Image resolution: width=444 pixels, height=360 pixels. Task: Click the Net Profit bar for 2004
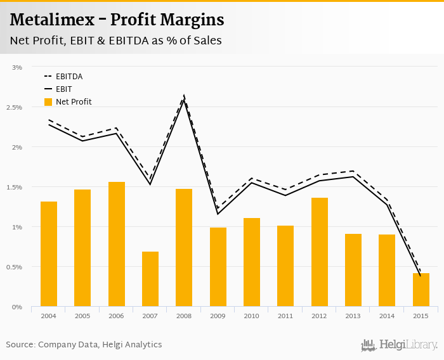(x=49, y=254)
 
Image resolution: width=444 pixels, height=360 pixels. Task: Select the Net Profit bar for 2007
(x=150, y=279)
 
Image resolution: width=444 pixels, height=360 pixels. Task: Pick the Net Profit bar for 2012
(x=320, y=252)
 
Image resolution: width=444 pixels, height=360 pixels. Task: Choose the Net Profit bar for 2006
(x=117, y=244)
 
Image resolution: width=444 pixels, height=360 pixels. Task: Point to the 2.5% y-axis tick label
(x=14, y=107)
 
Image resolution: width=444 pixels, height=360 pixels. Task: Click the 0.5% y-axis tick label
(x=14, y=267)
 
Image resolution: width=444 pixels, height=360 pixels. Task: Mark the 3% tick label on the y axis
(x=17, y=67)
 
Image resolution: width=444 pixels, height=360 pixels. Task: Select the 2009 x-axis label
(x=218, y=316)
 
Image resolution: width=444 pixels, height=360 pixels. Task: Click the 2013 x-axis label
(x=353, y=316)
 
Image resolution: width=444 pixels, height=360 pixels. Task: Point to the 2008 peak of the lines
(x=184, y=97)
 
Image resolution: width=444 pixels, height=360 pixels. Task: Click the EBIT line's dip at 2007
(x=150, y=184)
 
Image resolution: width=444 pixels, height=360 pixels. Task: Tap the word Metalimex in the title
(x=50, y=20)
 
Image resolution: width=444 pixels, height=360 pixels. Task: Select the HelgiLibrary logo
(x=399, y=345)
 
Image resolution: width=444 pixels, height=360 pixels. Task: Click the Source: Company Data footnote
(x=84, y=345)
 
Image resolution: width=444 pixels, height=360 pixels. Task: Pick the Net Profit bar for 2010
(x=252, y=262)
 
